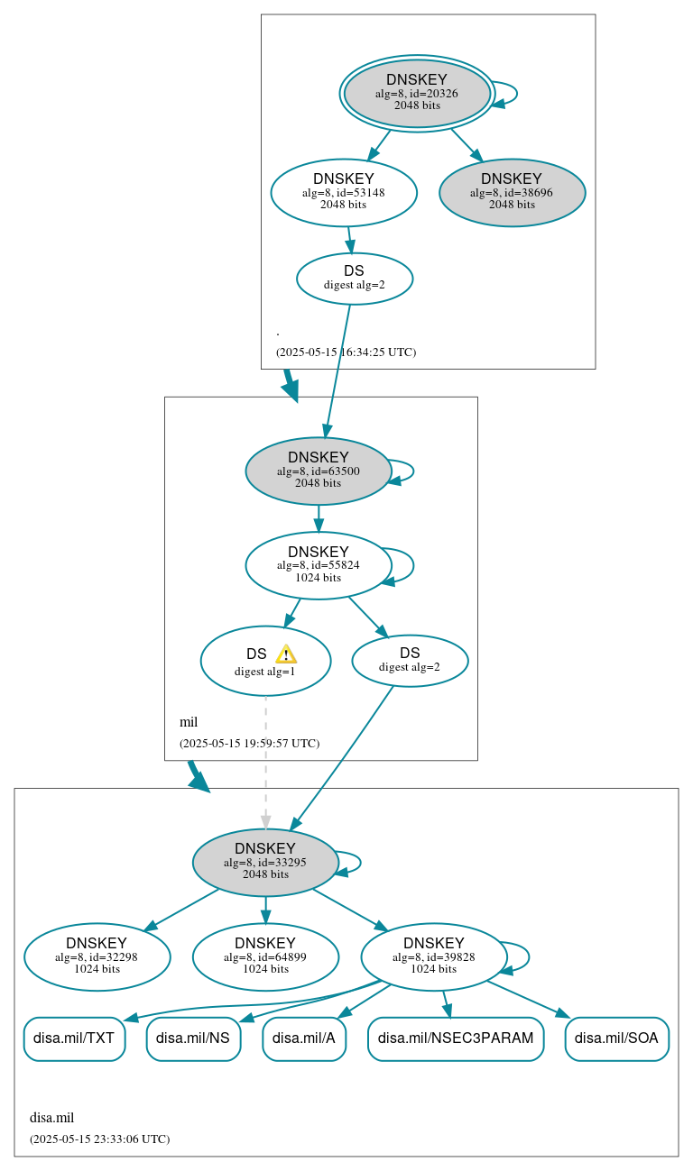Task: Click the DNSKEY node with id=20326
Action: [417, 93]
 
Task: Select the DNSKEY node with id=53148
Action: [343, 192]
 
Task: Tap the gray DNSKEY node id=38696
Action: [512, 192]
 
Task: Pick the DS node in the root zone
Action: [355, 279]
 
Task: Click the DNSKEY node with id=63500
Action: [318, 471]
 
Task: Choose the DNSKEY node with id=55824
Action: [318, 565]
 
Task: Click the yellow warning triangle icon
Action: [286, 654]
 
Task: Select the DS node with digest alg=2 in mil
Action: [410, 660]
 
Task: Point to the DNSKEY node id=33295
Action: [265, 862]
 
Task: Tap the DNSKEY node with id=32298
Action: [97, 956]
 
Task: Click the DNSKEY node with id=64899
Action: [265, 956]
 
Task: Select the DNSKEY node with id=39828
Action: [433, 956]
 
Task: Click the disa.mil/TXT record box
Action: [74, 1038]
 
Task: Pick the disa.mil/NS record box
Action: [193, 1038]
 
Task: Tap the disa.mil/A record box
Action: [304, 1038]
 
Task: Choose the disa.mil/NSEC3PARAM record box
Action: [456, 1038]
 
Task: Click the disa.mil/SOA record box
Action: [616, 1038]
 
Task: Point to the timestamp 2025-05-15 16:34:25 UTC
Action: [346, 352]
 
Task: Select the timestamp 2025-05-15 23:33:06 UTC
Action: [99, 1139]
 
